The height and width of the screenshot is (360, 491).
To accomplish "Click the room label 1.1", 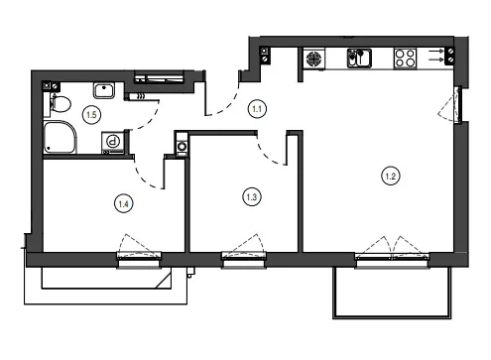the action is pyautogui.click(x=257, y=109).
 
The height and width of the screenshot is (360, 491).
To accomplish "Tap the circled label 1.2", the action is pyautogui.click(x=391, y=176).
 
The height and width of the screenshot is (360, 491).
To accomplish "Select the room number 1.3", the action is pyautogui.click(x=252, y=197).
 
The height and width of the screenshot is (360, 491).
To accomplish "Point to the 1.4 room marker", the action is pyautogui.click(x=124, y=204).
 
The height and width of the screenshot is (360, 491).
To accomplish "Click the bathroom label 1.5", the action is pyautogui.click(x=91, y=115).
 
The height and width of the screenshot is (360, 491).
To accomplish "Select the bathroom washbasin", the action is pyautogui.click(x=104, y=90).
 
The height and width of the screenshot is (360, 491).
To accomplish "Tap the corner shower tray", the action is pyautogui.click(x=60, y=137).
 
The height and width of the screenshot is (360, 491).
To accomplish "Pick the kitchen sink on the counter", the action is pyautogui.click(x=359, y=59).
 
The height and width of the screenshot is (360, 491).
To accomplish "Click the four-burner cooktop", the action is pyautogui.click(x=405, y=59).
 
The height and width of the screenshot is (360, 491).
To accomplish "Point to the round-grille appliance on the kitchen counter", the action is pyautogui.click(x=313, y=59).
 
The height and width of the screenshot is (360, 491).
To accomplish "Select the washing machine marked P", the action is pyautogui.click(x=113, y=142).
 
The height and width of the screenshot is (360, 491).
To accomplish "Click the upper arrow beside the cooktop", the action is pyautogui.click(x=436, y=52).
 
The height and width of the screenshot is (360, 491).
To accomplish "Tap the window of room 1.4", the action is pyautogui.click(x=139, y=259).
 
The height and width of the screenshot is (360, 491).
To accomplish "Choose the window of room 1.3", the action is pyautogui.click(x=244, y=259).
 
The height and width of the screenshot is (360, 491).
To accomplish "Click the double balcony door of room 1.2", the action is pyautogui.click(x=392, y=254).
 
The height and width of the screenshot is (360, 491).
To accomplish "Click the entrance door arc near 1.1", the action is pyautogui.click(x=228, y=105).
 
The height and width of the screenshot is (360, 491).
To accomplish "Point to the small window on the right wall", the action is pyautogui.click(x=457, y=104).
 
